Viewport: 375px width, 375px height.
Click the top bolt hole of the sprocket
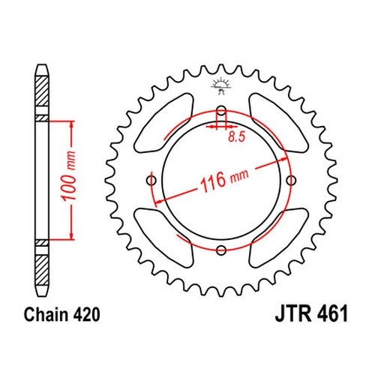[221, 110]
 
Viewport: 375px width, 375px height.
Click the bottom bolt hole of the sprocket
[221, 250]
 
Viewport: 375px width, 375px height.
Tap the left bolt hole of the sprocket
[151, 180]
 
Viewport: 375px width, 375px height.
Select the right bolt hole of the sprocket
[291, 180]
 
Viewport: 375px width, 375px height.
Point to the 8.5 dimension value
[237, 136]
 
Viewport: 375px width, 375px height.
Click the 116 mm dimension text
[224, 178]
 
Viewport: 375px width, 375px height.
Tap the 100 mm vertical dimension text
[69, 176]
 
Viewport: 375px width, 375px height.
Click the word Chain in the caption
[46, 314]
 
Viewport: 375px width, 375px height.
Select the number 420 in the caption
[87, 314]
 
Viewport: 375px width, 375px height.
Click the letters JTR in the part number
[293, 314]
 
